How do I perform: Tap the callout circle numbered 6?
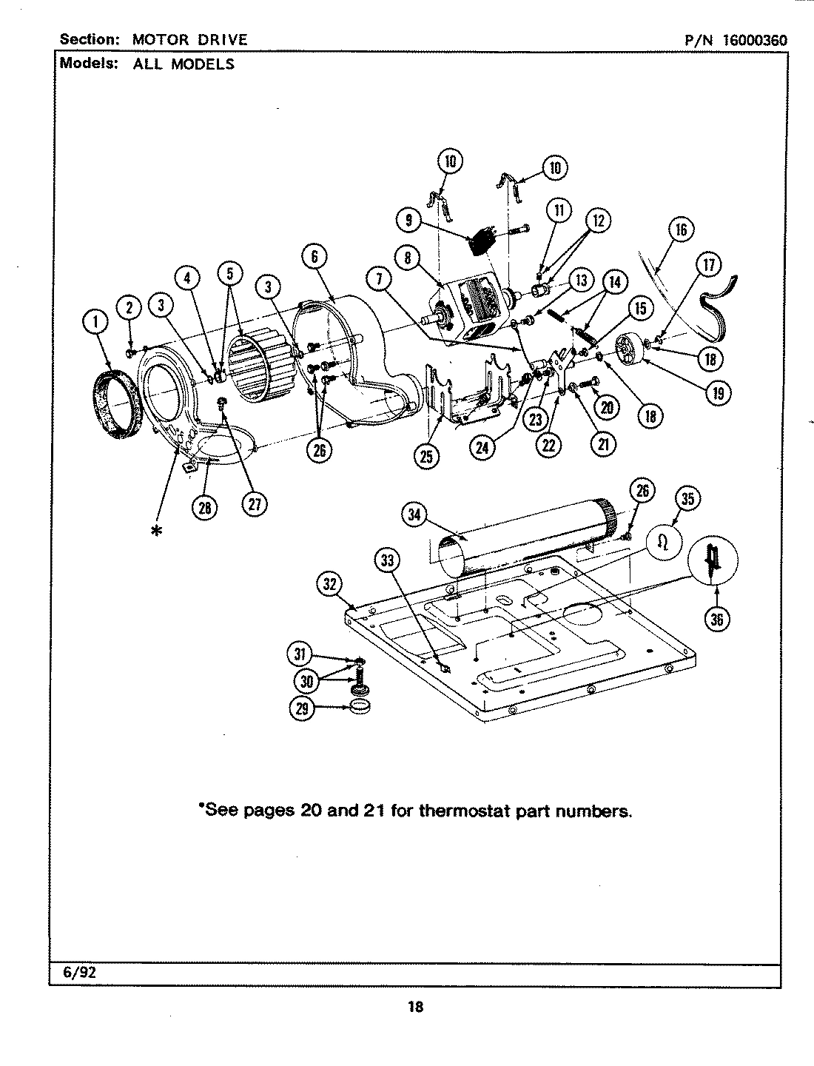click(314, 256)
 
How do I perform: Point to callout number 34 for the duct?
click(415, 514)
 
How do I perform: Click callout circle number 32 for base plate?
click(330, 585)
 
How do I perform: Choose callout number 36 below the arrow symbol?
click(716, 618)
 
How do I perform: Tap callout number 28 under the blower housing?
click(205, 506)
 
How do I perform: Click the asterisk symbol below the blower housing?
click(156, 531)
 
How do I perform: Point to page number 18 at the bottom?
click(415, 1007)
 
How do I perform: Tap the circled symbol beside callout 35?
click(664, 543)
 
